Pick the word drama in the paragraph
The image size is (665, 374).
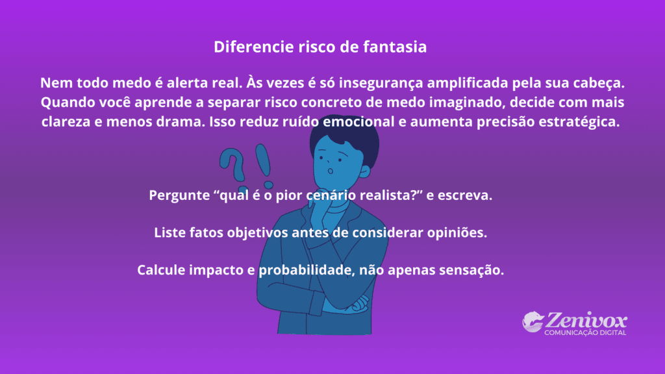184,122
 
